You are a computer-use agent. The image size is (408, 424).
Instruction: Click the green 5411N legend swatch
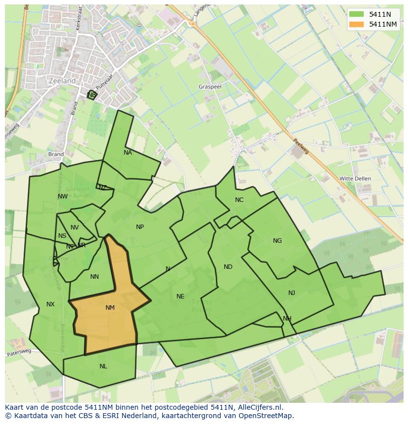pyautogui.click(x=356, y=14)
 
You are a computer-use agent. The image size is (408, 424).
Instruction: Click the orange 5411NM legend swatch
pyautogui.click(x=356, y=24)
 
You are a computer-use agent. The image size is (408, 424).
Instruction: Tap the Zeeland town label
pyautogui.click(x=63, y=81)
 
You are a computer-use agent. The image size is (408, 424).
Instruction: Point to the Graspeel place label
pyautogui.click(x=210, y=86)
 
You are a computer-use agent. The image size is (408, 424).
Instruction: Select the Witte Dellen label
pyautogui.click(x=355, y=178)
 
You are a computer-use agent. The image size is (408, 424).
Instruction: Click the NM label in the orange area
pyautogui.click(x=110, y=308)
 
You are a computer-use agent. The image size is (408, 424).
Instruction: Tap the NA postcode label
pyautogui.click(x=128, y=153)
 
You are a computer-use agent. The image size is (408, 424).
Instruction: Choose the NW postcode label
pyautogui.click(x=63, y=196)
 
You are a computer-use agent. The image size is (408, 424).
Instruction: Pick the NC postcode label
pyautogui.click(x=239, y=200)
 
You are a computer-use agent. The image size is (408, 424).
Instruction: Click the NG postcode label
pyautogui.click(x=277, y=241)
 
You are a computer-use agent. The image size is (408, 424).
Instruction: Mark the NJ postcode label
pyautogui.click(x=292, y=293)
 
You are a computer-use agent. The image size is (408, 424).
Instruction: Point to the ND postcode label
pyautogui.click(x=228, y=267)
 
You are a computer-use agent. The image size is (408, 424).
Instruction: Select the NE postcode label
pyautogui.click(x=180, y=296)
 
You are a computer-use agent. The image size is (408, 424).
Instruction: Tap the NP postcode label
pyautogui.click(x=140, y=227)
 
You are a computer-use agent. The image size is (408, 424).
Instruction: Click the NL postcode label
pyautogui.click(x=103, y=366)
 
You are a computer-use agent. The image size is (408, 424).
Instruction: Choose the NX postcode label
pyautogui.click(x=50, y=304)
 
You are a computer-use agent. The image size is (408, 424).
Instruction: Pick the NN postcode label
pyautogui.click(x=95, y=277)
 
